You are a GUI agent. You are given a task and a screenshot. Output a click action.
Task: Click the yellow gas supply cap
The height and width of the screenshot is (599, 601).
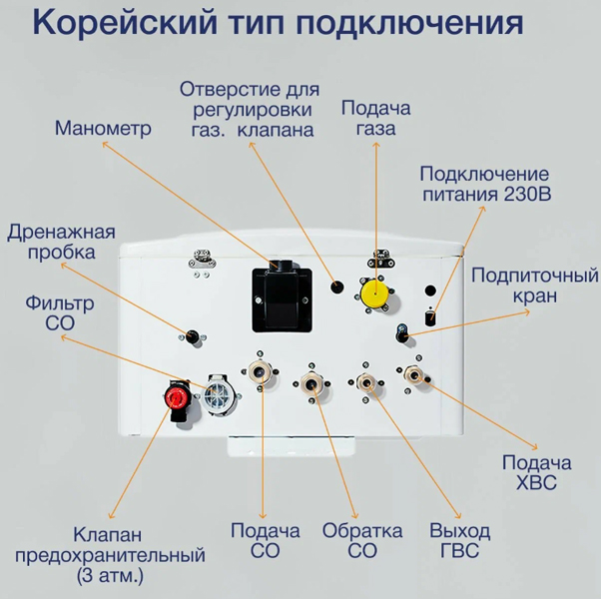click(375, 294)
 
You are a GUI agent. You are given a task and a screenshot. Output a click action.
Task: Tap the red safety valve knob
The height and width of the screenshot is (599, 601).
click(175, 398)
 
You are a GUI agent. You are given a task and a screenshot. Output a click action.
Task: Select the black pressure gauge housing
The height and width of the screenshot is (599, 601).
click(282, 298)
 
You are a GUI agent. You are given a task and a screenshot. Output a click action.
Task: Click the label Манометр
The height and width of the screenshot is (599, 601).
click(103, 128)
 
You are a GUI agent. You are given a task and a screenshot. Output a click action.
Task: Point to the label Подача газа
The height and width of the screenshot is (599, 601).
click(375, 118)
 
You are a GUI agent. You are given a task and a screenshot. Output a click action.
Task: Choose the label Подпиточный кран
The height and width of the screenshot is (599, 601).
click(535, 286)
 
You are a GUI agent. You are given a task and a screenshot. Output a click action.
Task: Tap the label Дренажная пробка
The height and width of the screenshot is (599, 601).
click(61, 243)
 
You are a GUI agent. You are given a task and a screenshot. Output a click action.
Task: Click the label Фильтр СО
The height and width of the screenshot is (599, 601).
click(60, 313)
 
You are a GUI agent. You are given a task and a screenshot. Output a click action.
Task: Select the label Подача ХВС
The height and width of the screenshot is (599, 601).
click(537, 472)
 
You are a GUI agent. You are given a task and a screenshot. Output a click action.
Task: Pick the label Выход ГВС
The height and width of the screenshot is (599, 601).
click(459, 541)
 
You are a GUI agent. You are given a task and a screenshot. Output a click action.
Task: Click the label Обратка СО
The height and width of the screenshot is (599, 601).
click(362, 541)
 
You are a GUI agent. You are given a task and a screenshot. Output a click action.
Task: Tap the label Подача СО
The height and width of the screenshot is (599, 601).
click(265, 541)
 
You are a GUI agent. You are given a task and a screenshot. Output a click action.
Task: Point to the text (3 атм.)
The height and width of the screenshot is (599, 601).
click(110, 576)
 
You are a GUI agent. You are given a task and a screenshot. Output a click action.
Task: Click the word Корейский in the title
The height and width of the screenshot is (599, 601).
click(125, 23)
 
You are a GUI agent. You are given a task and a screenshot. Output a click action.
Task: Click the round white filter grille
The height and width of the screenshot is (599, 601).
click(218, 394)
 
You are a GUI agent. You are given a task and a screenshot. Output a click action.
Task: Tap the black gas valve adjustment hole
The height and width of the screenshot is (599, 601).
click(336, 288)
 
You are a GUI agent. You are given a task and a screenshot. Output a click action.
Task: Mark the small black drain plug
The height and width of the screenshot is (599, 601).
click(192, 336)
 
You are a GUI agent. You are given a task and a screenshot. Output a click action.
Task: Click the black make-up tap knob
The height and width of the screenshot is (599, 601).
click(401, 334)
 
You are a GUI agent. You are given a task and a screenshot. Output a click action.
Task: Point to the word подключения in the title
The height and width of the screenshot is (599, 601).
click(409, 24)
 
